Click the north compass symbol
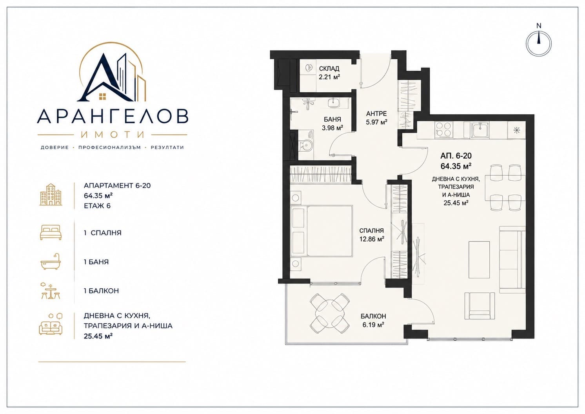pos(538,44)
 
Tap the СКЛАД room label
pos(329,69)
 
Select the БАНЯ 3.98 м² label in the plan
pos(332,124)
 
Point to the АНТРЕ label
pos(376,114)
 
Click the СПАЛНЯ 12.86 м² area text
pos(372,235)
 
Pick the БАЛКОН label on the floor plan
pos(373,316)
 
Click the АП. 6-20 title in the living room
pos(456,156)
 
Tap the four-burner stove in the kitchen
pos(444,130)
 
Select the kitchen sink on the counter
pos(480,130)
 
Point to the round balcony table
pos(330,313)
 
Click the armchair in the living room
pos(480,306)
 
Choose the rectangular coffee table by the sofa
pos(479,260)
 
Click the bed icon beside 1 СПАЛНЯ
pos(51,233)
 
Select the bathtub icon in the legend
pos(51,262)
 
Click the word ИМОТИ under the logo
pos(113,134)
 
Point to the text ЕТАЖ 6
pos(97,206)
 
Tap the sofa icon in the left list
pos(51,324)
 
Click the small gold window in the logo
pos(103,97)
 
